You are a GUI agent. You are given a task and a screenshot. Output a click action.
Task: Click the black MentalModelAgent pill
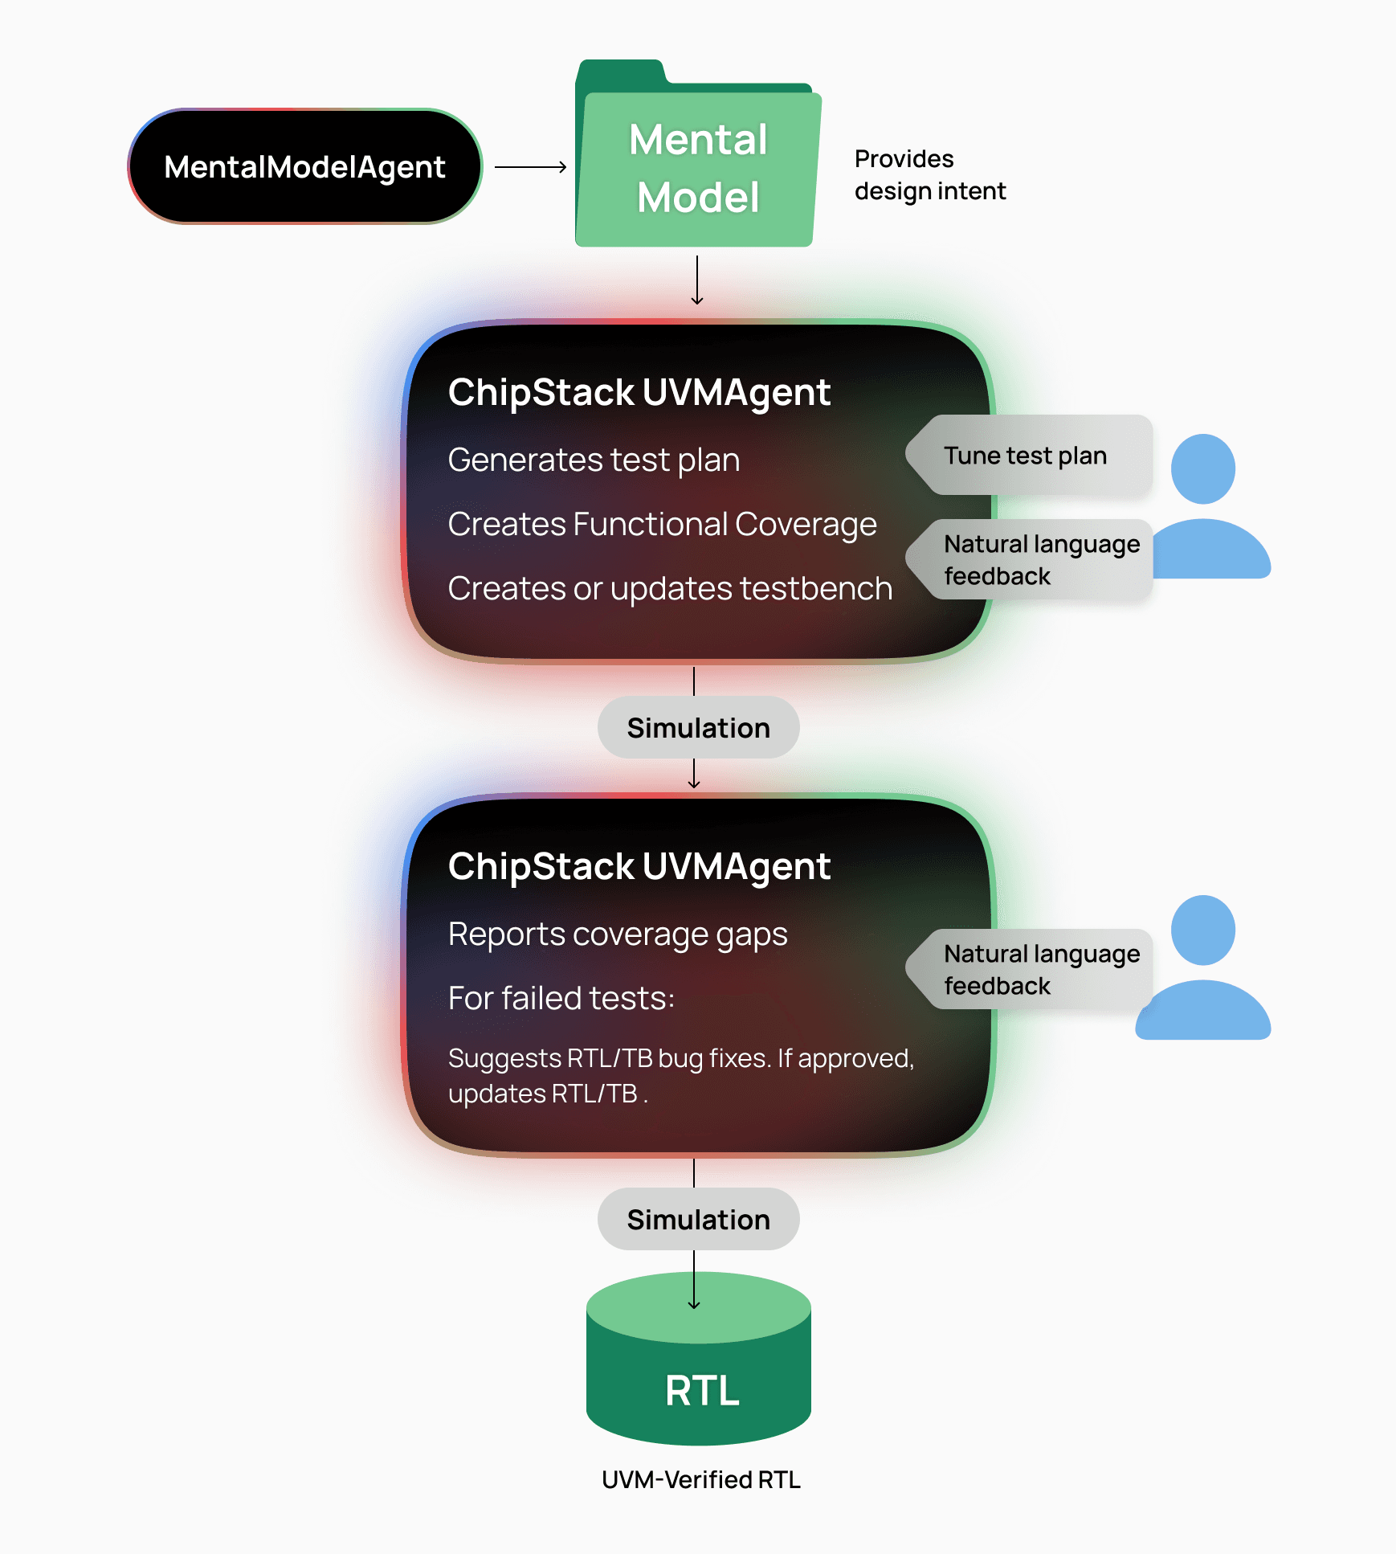coord(304,166)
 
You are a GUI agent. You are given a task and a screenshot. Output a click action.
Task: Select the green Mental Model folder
coord(697,169)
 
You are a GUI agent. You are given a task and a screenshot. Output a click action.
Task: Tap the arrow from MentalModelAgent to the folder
coord(530,167)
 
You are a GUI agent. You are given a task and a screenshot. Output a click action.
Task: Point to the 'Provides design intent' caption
coord(929,175)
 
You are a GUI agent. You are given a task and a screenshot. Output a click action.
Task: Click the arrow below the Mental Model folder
coord(697,280)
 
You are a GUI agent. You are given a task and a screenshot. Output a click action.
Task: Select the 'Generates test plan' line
coord(594,460)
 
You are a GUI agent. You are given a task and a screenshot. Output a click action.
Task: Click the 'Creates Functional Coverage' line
coord(662,525)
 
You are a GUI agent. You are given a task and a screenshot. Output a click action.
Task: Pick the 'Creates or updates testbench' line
coord(670,589)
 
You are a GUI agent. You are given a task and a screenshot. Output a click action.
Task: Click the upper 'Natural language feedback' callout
coord(1036,560)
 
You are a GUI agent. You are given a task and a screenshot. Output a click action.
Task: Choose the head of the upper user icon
coord(1202,469)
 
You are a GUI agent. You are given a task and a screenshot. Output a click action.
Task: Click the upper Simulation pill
coord(698,728)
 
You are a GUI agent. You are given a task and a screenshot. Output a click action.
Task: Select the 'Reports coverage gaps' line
coord(618,934)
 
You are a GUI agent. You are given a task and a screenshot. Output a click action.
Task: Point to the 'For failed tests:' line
coord(561,999)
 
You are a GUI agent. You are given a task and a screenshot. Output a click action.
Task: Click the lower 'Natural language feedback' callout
coord(1036,970)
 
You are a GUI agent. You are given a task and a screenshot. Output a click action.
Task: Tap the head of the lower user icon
coord(1202,930)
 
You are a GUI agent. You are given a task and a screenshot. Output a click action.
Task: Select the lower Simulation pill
coord(698,1220)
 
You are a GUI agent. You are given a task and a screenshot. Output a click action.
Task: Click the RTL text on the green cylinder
coord(702,1391)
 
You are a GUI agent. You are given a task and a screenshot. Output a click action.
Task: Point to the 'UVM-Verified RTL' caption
coord(701,1480)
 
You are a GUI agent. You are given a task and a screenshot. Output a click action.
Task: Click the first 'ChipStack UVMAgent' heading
coord(639,393)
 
